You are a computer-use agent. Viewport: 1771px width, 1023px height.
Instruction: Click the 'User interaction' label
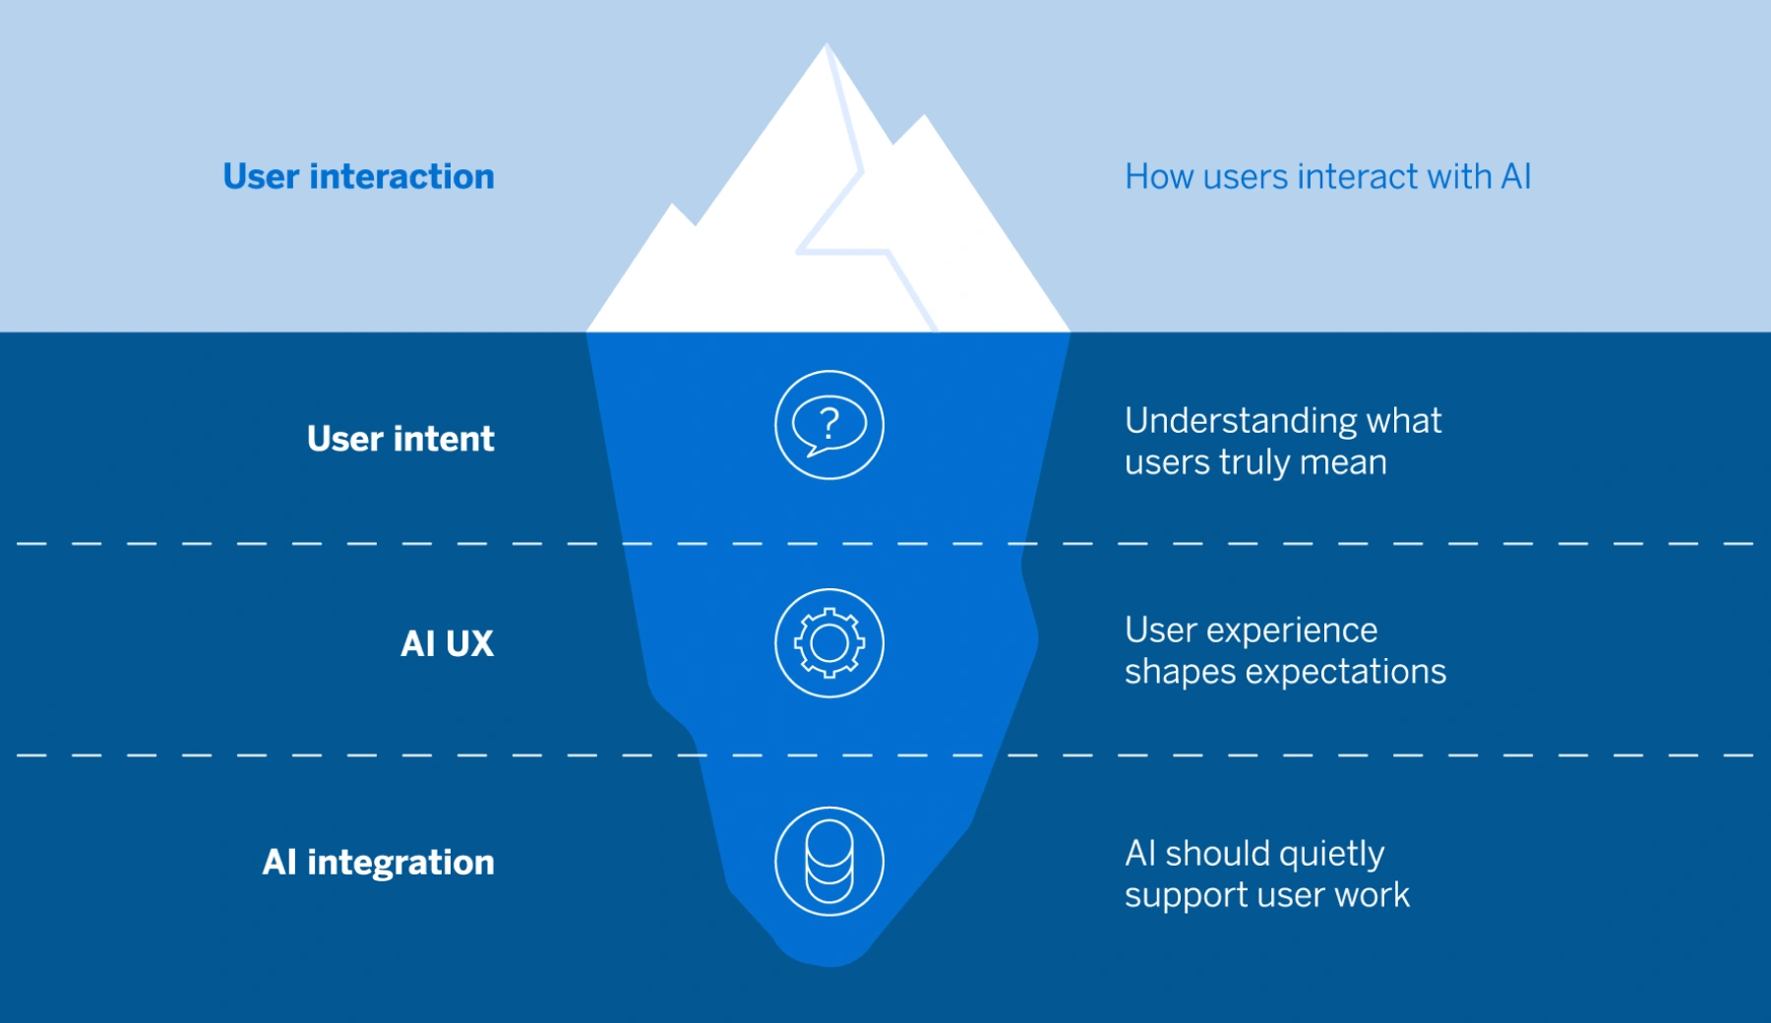click(x=358, y=177)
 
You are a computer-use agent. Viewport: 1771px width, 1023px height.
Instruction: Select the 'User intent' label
click(x=400, y=439)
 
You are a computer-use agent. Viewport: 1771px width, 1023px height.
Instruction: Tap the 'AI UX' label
click(x=447, y=643)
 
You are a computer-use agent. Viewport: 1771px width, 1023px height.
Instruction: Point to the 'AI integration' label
click(x=378, y=863)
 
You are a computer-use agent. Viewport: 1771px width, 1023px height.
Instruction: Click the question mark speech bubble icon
click(x=829, y=425)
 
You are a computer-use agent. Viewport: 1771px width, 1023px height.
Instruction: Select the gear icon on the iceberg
click(x=829, y=643)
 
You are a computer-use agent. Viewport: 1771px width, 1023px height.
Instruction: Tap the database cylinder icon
click(x=829, y=862)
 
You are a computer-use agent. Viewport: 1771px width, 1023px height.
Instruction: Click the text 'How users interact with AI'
click(x=1327, y=177)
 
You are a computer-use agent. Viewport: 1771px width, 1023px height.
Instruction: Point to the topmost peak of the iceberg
click(x=826, y=46)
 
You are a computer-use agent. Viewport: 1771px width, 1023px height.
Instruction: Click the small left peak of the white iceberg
click(x=673, y=207)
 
